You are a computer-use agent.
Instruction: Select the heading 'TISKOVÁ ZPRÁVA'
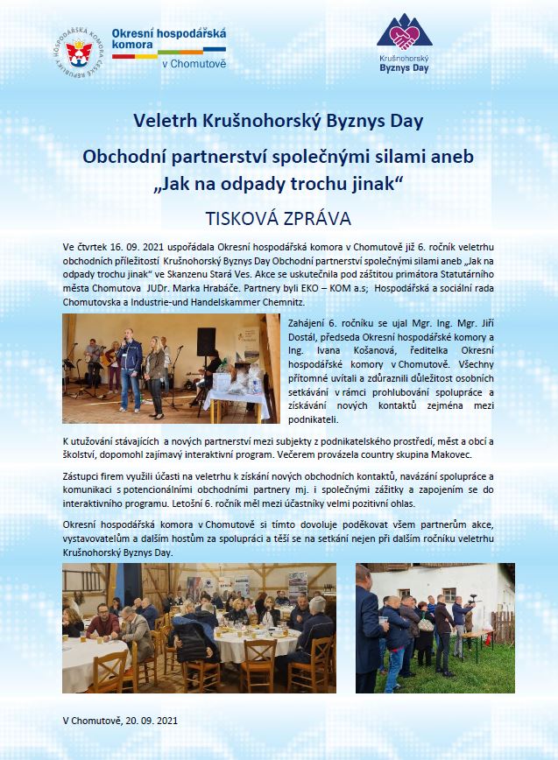[x=278, y=215]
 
